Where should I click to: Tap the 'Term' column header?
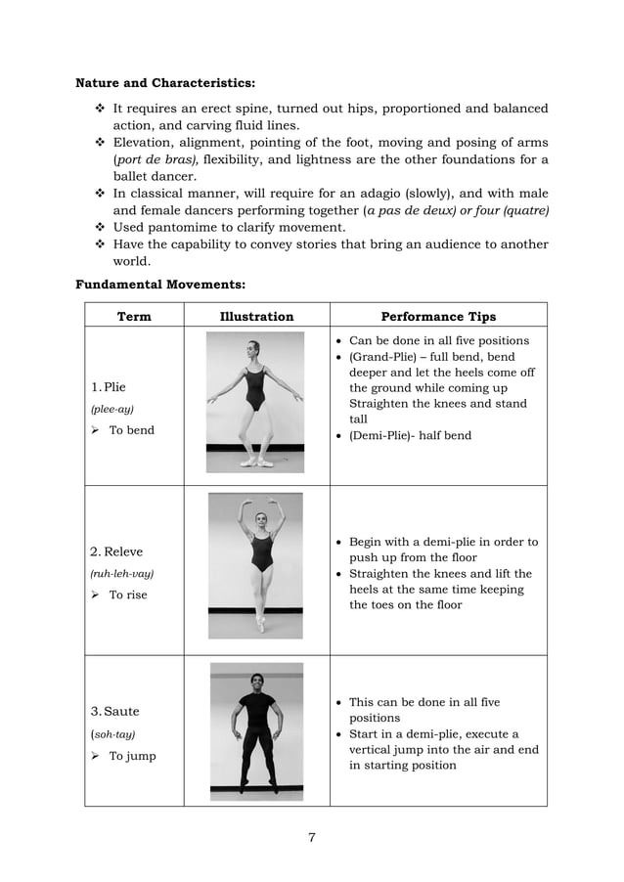point(134,317)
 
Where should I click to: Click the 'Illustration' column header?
point(256,317)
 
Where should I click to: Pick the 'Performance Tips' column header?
point(437,317)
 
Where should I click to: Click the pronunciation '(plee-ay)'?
point(112,409)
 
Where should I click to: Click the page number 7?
point(312,836)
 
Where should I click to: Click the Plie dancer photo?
point(255,403)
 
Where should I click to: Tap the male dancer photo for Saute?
point(256,729)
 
